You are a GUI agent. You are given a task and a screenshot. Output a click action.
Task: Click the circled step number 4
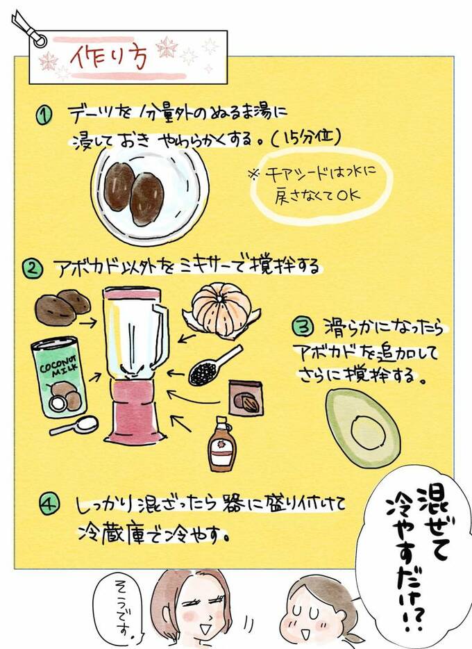click(x=48, y=505)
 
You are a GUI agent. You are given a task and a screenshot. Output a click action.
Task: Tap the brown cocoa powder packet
click(x=246, y=399)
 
